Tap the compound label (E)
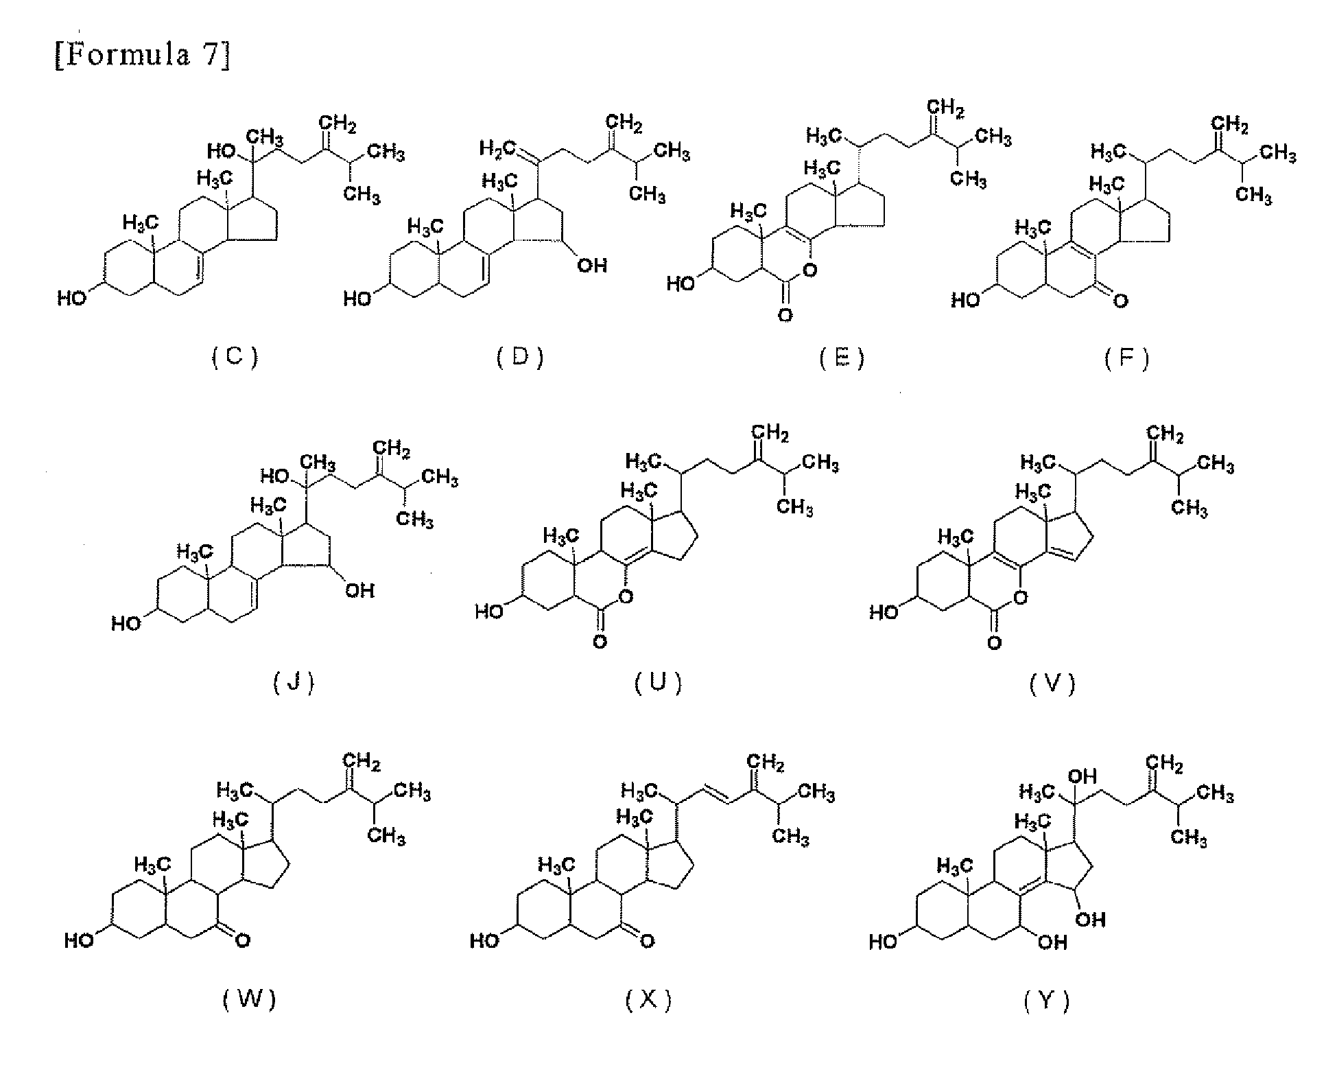tap(842, 358)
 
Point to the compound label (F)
tap(1126, 358)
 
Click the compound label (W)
tap(249, 999)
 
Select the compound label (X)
tap(648, 1001)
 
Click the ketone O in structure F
tap(1121, 301)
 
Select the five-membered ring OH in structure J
tap(359, 590)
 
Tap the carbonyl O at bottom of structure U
tap(600, 642)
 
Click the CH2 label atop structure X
tap(766, 763)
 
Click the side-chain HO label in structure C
tap(223, 150)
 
